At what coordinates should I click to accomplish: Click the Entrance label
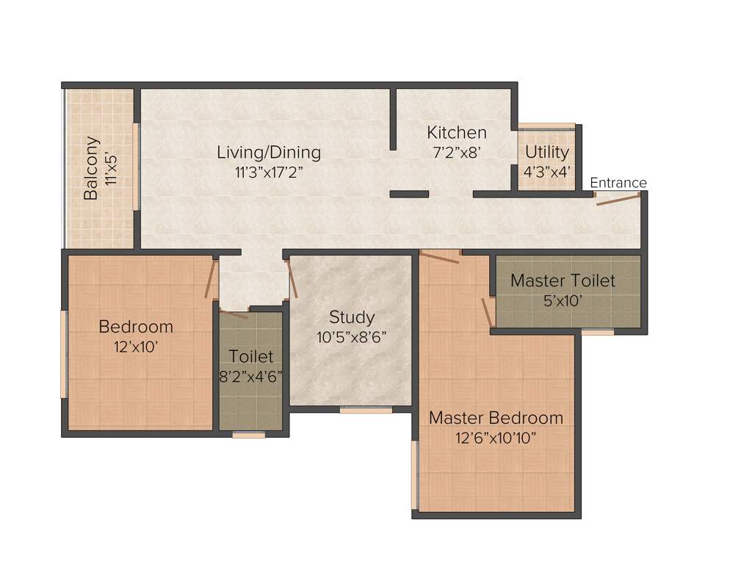click(618, 183)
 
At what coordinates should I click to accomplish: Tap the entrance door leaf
click(618, 200)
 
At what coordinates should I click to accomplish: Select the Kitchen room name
click(457, 133)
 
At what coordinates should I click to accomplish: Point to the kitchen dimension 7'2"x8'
click(457, 153)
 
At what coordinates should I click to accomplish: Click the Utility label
click(547, 152)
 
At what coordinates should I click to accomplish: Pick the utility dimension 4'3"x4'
click(547, 171)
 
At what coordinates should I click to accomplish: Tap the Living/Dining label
click(269, 153)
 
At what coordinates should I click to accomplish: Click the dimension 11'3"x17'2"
click(269, 173)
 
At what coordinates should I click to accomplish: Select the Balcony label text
click(91, 168)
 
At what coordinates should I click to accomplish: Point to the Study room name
click(352, 317)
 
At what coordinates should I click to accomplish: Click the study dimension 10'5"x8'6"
click(352, 337)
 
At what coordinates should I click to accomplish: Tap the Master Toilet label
click(563, 281)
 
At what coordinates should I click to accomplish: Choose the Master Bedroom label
click(496, 418)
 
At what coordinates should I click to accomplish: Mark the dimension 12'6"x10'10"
click(496, 438)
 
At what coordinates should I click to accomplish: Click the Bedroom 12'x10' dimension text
click(136, 347)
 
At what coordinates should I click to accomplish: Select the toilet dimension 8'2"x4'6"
click(251, 376)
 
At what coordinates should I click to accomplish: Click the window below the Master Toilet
click(598, 332)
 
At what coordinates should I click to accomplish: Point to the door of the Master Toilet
click(488, 311)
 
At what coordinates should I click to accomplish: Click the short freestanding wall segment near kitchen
click(409, 194)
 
